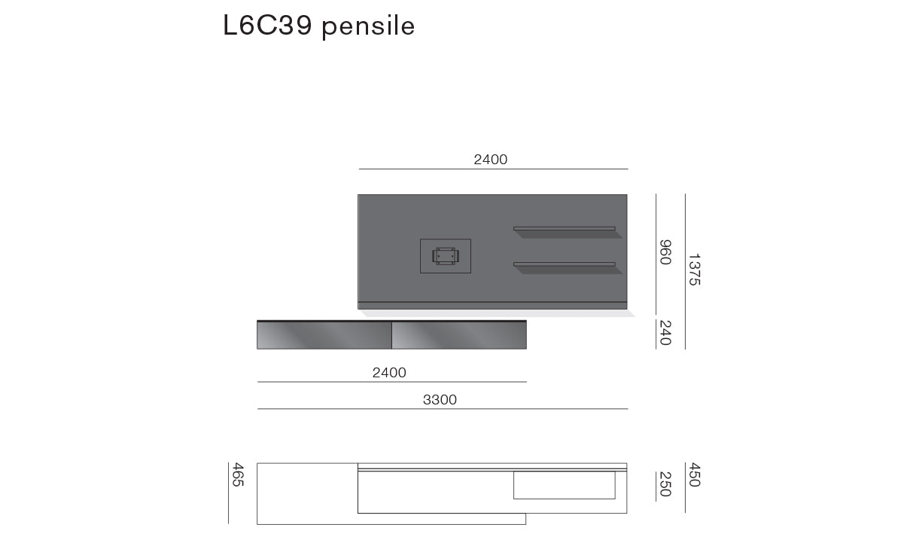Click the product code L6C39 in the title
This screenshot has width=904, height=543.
tap(267, 26)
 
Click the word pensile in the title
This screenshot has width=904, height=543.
tap(368, 27)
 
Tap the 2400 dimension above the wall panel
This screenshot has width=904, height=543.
tap(490, 160)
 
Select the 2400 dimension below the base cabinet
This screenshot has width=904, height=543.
tap(389, 372)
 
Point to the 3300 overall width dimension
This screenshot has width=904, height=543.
tap(440, 399)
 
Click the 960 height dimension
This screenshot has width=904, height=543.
tap(665, 252)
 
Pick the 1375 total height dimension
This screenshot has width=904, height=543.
tap(694, 270)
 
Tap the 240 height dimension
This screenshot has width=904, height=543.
tap(665, 333)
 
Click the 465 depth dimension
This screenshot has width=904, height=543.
tap(238, 474)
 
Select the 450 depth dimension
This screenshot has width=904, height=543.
tap(694, 474)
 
